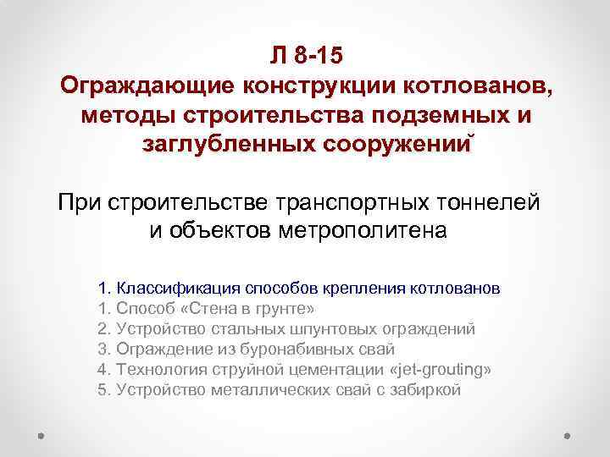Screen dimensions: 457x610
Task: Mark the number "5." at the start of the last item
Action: click(x=104, y=390)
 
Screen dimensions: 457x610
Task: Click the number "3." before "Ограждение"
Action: click(x=104, y=350)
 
